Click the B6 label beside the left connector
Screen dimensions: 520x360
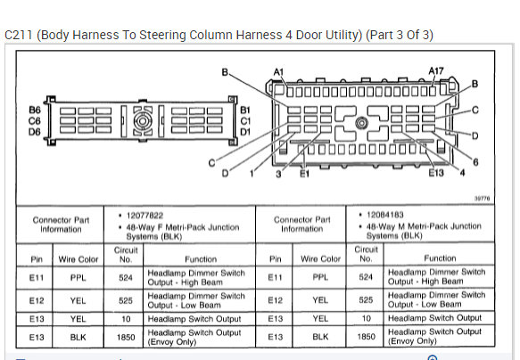point(35,110)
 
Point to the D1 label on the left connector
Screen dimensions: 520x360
point(245,132)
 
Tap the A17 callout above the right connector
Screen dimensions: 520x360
point(436,71)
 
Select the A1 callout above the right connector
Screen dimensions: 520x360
point(278,72)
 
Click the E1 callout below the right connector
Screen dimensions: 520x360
point(304,173)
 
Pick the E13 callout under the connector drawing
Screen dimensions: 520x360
point(436,173)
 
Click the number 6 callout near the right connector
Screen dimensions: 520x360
point(475,162)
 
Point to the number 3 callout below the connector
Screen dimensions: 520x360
point(278,174)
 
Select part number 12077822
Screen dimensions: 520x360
point(144,216)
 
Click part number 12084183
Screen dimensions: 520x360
point(385,215)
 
